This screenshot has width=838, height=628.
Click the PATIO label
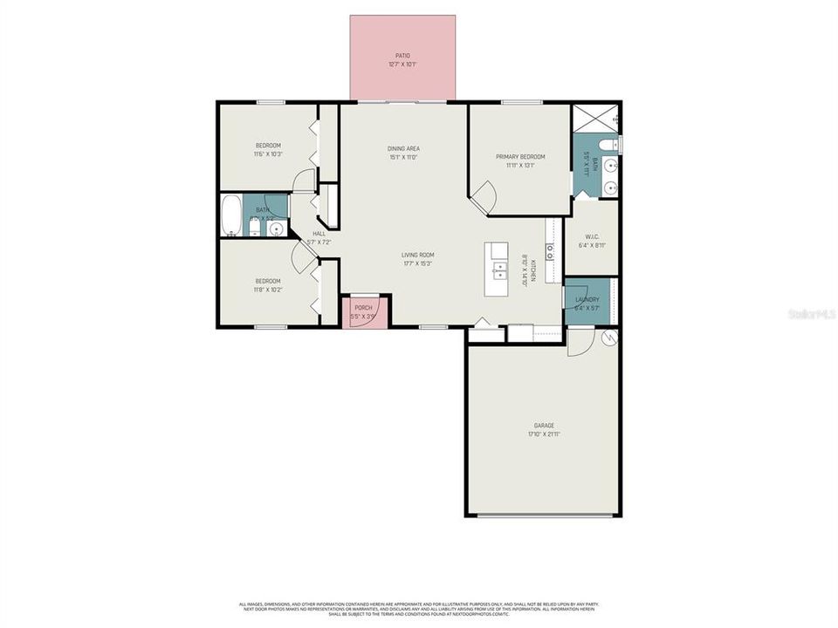pyautogui.click(x=402, y=55)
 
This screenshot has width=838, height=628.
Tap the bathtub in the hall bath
pyautogui.click(x=232, y=215)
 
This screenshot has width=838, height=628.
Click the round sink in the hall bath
pyautogui.click(x=276, y=229)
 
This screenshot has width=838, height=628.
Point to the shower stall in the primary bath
pyautogui.click(x=594, y=118)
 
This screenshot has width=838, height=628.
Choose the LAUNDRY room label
pyautogui.click(x=587, y=299)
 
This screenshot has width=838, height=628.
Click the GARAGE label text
pyautogui.click(x=544, y=426)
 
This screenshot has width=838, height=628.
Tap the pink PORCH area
pyautogui.click(x=362, y=311)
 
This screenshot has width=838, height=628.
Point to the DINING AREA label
pyautogui.click(x=403, y=148)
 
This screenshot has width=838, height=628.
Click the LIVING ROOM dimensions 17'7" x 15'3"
pyautogui.click(x=418, y=263)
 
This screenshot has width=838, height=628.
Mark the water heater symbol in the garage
pyautogui.click(x=609, y=337)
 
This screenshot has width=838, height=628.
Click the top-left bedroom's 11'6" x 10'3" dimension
pyautogui.click(x=268, y=154)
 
